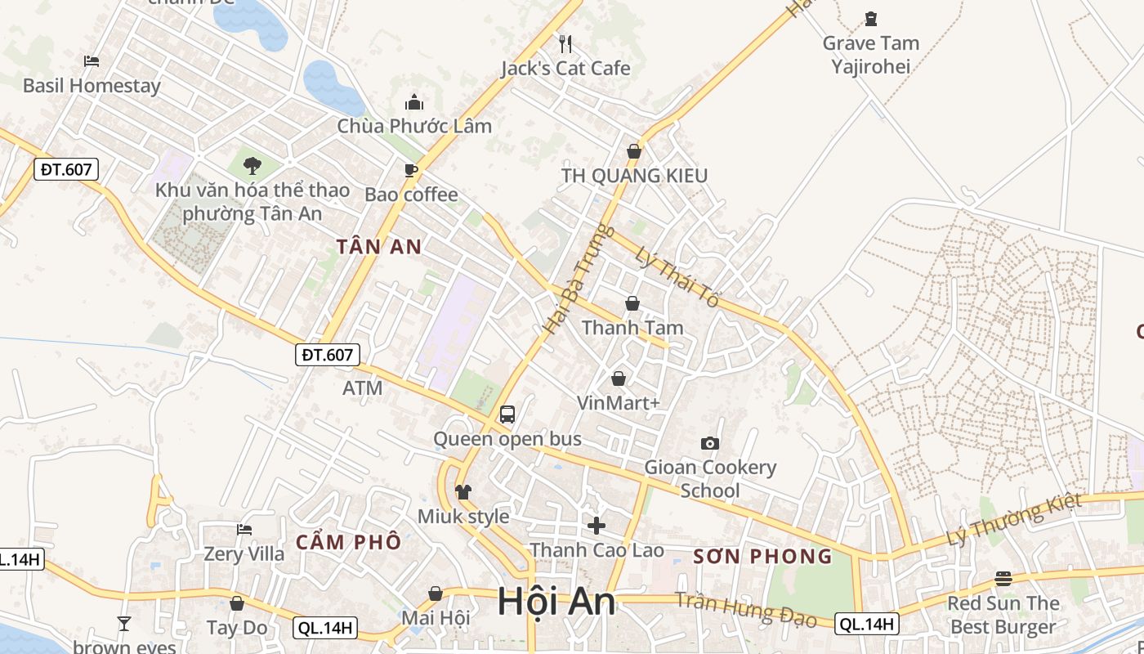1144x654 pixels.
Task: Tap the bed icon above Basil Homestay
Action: tap(92, 61)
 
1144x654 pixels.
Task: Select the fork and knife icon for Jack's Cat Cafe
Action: tap(565, 43)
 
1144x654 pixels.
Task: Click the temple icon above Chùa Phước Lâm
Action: tap(414, 102)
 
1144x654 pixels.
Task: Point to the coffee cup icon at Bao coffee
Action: tap(411, 170)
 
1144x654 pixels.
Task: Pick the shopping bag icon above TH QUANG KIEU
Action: tap(633, 151)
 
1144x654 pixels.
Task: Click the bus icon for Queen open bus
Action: tap(507, 414)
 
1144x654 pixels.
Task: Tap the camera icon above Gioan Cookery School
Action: tap(710, 443)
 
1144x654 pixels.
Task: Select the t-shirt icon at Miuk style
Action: tap(463, 492)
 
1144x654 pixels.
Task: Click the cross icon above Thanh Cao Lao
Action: tap(597, 525)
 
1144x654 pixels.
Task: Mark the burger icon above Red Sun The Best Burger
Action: tap(1003, 579)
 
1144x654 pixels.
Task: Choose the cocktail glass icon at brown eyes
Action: tap(124, 624)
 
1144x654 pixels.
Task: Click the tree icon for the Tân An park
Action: tap(252, 166)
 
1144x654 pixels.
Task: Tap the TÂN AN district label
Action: tap(379, 247)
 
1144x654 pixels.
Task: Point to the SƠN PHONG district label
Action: tap(762, 557)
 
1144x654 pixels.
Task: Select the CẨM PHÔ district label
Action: tap(349, 541)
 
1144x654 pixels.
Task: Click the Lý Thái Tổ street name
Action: tap(677, 277)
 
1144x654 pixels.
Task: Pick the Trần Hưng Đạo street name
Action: tap(746, 609)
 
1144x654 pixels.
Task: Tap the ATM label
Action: tap(362, 388)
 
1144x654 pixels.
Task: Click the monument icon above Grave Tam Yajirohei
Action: tap(870, 19)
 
